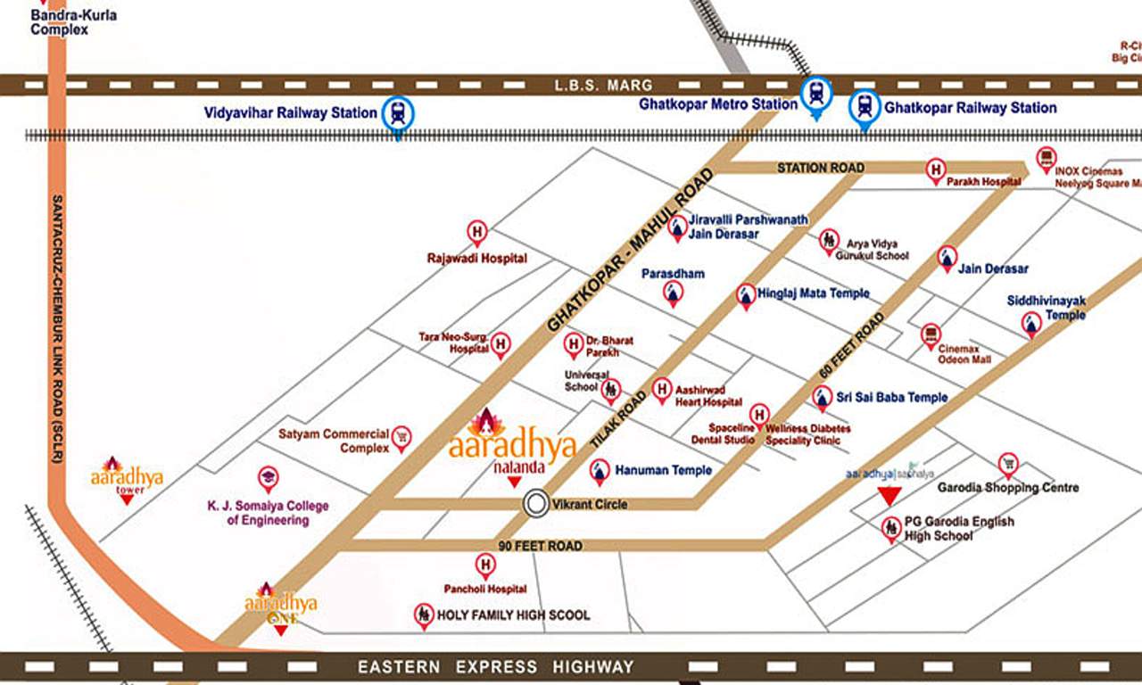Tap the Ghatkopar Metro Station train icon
[815, 93]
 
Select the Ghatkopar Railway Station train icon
[864, 106]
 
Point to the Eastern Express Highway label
[495, 666]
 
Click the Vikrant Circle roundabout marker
[536, 504]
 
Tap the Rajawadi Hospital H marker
[477, 232]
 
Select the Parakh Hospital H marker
[935, 168]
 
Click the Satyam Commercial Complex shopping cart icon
[401, 436]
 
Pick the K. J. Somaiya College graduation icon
[268, 477]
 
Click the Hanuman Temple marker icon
[600, 470]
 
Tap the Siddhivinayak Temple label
[1047, 308]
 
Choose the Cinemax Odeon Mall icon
[931, 334]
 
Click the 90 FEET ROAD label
[541, 545]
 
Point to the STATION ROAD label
[820, 168]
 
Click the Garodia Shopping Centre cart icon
[1008, 463]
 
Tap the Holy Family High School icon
[424, 615]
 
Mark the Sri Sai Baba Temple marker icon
[823, 397]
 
